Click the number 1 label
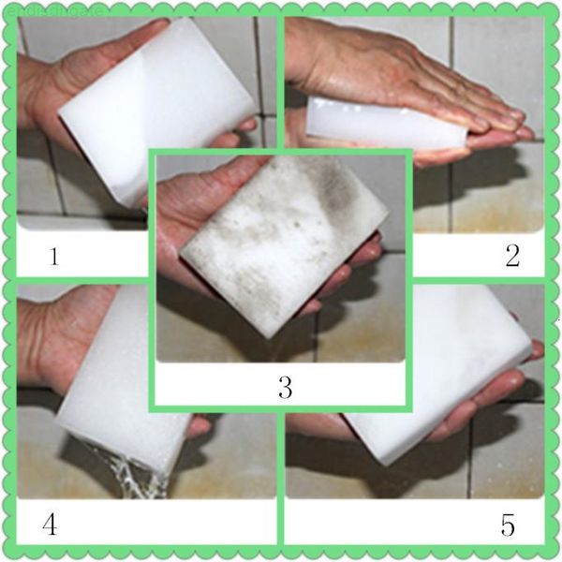pos(55,254)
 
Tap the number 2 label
pos(512,256)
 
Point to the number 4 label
pos(50,525)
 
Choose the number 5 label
pos(508,525)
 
